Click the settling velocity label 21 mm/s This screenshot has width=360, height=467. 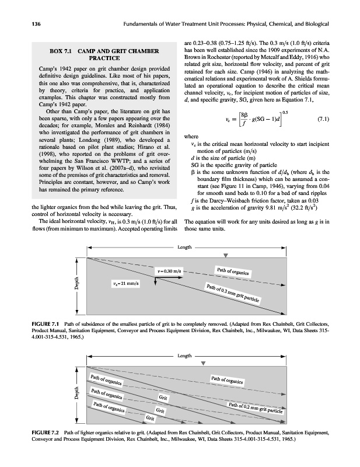pyautogui.click(x=125, y=284)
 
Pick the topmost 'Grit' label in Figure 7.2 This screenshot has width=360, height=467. pyautogui.click(x=165, y=398)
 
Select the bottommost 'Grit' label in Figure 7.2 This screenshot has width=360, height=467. pyautogui.click(x=151, y=418)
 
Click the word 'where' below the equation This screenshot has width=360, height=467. pyautogui.click(x=193, y=138)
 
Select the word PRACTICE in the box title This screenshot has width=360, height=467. pyautogui.click(x=104, y=58)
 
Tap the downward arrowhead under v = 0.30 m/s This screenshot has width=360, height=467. pyautogui.click(x=156, y=282)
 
